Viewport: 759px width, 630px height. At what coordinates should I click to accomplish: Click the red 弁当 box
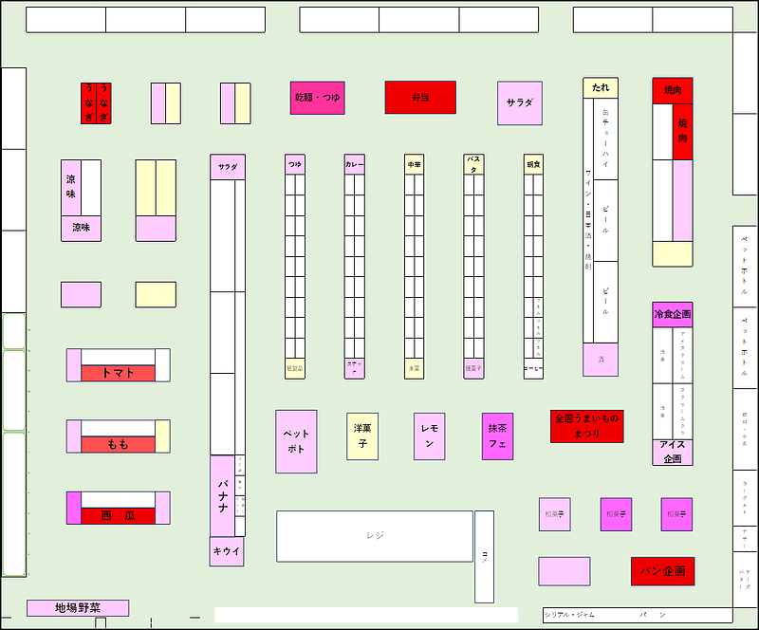(419, 97)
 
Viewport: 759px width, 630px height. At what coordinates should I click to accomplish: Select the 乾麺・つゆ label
(317, 98)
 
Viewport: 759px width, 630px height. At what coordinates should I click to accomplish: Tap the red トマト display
(118, 373)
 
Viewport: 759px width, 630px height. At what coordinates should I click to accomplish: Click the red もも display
(118, 444)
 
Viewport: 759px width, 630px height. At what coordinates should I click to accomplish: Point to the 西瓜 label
(118, 515)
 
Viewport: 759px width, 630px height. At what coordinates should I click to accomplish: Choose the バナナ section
(222, 495)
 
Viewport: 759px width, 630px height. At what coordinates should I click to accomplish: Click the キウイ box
(227, 551)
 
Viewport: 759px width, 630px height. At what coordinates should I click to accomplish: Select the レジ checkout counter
(375, 536)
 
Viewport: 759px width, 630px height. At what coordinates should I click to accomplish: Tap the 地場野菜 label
(78, 608)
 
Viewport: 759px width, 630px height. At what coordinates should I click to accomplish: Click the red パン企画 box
(662, 571)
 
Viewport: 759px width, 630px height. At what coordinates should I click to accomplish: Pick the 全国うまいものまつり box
(587, 426)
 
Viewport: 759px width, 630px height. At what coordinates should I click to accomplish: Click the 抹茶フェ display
(497, 435)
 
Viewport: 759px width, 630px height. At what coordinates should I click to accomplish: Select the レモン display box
(429, 435)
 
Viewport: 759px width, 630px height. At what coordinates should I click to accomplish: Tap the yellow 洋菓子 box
(362, 435)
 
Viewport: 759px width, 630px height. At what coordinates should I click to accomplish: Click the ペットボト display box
(296, 441)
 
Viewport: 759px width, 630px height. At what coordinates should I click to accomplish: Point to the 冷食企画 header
(672, 314)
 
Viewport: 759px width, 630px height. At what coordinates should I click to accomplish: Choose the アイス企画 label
(672, 452)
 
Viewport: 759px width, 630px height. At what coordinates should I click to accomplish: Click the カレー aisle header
(354, 165)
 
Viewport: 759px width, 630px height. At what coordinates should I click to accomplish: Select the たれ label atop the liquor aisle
(601, 87)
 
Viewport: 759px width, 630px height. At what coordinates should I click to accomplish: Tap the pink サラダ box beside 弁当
(520, 102)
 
